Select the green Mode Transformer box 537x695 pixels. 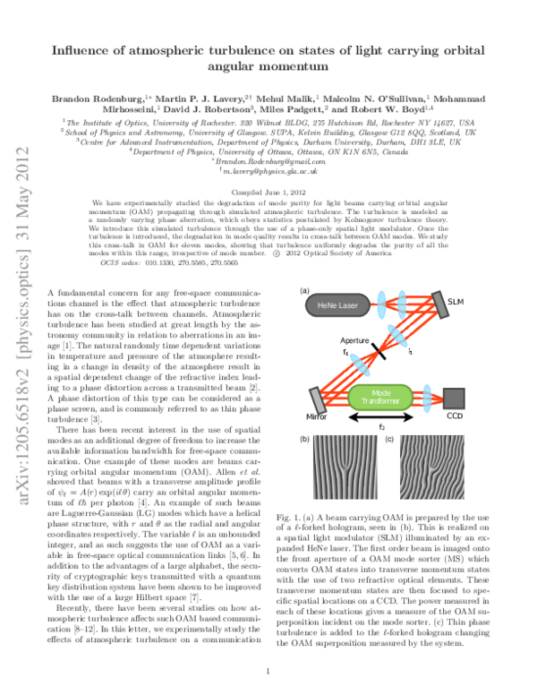(x=379, y=397)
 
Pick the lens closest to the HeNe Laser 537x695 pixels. (x=380, y=302)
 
